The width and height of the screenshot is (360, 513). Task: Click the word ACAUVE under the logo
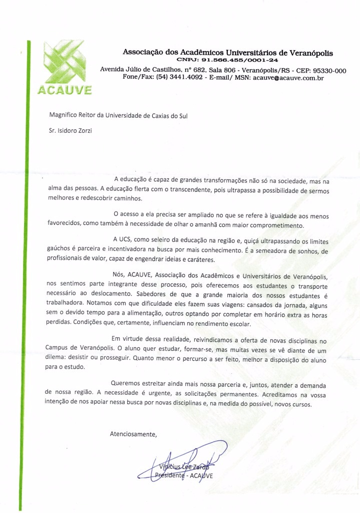(64, 91)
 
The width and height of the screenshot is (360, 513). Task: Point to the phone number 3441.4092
(189, 79)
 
